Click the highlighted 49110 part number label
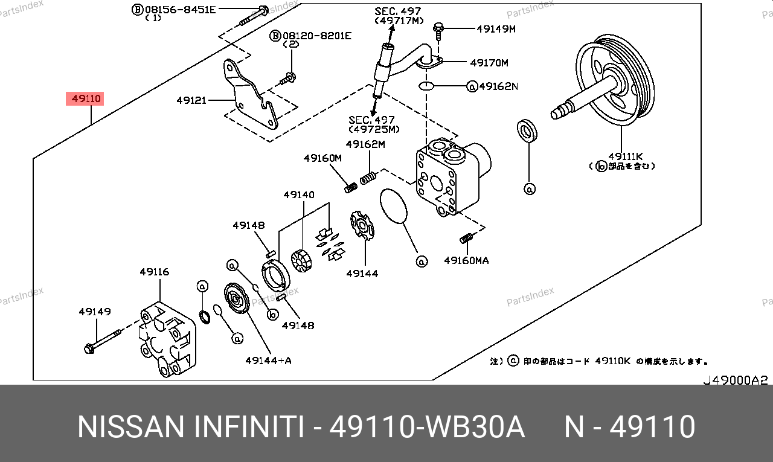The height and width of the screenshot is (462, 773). tap(85, 98)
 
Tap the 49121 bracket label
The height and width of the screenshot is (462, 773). tap(191, 100)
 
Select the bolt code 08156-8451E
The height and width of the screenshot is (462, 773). tap(180, 9)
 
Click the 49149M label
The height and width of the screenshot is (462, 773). tap(496, 28)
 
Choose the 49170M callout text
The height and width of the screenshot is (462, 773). tap(489, 62)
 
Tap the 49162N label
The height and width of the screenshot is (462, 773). tap(498, 86)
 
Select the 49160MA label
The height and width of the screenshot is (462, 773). tap(466, 260)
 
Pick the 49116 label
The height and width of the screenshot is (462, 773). tap(155, 272)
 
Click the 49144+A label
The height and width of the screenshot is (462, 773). tap(268, 361)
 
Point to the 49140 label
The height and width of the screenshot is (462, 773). tap(299, 194)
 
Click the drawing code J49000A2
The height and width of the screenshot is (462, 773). tap(734, 380)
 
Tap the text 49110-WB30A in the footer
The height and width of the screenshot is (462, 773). tap(426, 427)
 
